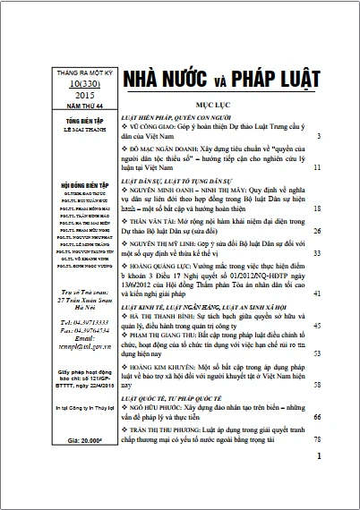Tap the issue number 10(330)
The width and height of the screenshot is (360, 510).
pos(64,81)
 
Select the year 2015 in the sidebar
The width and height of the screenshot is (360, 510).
pos(64,94)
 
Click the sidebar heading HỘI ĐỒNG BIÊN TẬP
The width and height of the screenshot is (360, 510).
pos(64,184)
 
